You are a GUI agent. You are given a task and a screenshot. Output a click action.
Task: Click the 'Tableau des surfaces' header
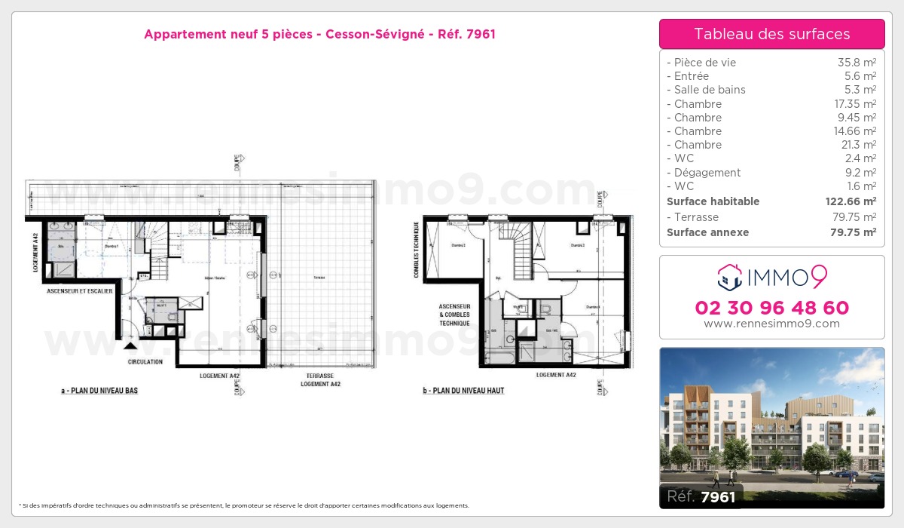(771, 34)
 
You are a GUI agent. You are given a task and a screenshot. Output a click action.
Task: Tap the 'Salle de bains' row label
(709, 90)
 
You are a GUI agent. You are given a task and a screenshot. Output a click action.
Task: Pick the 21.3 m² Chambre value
(859, 145)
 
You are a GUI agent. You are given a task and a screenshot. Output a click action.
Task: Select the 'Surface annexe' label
(707, 232)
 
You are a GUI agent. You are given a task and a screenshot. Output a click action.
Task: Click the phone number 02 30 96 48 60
(771, 308)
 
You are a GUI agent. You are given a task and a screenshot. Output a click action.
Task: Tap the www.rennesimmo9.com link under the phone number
(771, 324)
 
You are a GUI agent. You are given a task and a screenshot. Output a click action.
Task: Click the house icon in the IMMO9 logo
(729, 277)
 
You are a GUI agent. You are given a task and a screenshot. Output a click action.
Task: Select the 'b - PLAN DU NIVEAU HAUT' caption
(463, 391)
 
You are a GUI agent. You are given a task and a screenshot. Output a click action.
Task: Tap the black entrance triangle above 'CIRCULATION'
(131, 346)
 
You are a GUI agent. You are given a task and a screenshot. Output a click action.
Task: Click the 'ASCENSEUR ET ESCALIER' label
(79, 290)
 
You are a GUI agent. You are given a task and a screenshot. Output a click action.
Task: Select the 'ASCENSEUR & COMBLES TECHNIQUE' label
(455, 315)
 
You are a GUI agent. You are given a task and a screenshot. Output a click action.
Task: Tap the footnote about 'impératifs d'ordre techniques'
(243, 505)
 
